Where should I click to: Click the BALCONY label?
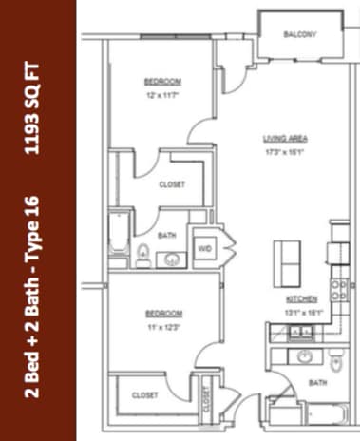coord(299,36)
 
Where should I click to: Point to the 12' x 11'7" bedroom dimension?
coord(162,94)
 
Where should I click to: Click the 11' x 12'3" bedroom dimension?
coord(162,326)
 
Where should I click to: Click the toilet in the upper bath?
coord(142,253)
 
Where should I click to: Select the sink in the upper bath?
coord(172,257)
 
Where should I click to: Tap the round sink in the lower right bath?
coord(304,357)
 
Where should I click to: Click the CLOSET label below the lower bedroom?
coord(144,395)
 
